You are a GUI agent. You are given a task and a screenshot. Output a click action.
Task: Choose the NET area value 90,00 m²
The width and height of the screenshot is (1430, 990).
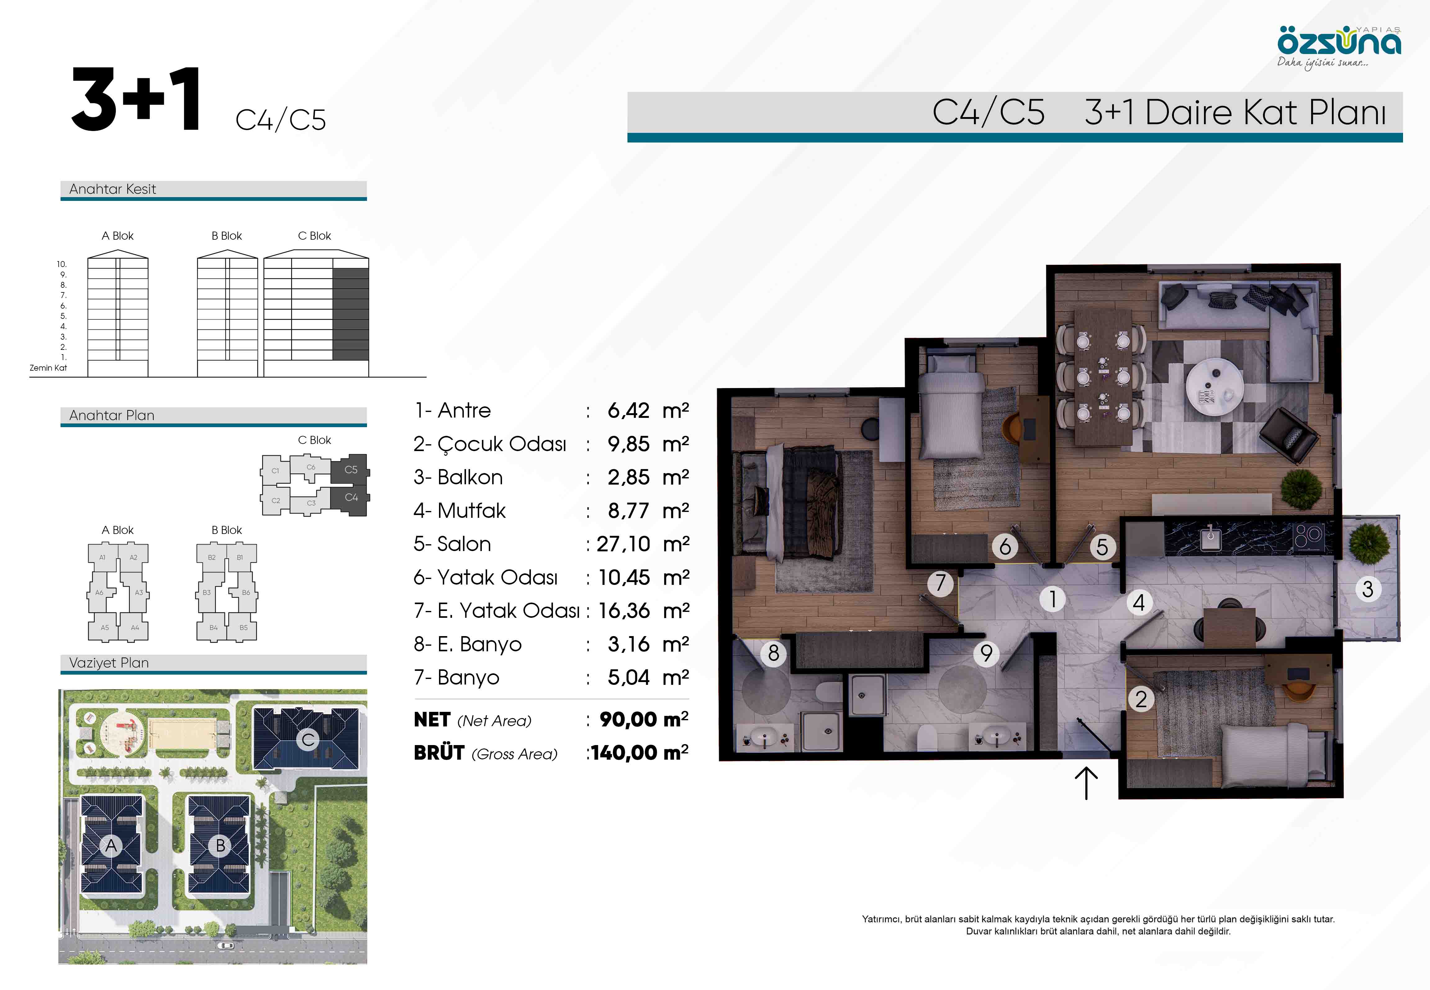coord(644,720)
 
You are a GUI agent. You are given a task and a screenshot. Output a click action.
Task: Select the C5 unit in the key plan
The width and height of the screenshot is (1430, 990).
coord(351,470)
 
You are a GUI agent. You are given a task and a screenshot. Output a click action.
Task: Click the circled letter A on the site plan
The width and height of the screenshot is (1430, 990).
coord(111,845)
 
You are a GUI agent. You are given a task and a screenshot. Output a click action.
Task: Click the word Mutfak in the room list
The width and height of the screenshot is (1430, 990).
coord(472,510)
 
